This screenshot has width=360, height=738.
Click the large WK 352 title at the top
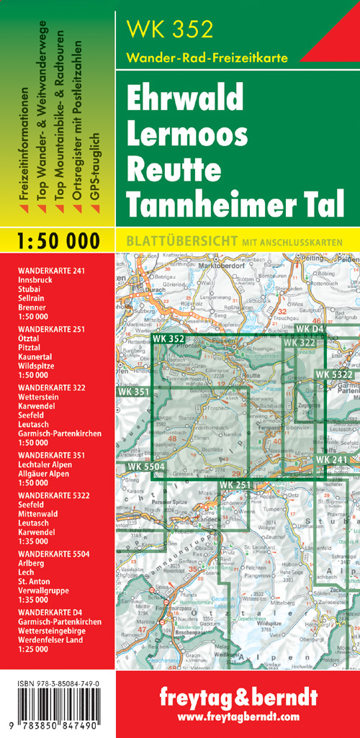(x=170, y=30)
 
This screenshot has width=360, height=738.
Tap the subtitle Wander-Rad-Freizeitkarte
(x=207, y=57)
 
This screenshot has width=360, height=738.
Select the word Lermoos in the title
(x=186, y=135)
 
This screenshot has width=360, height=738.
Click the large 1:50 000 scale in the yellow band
(x=57, y=240)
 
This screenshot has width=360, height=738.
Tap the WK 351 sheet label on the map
(x=131, y=392)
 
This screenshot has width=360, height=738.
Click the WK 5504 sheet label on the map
(x=147, y=467)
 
